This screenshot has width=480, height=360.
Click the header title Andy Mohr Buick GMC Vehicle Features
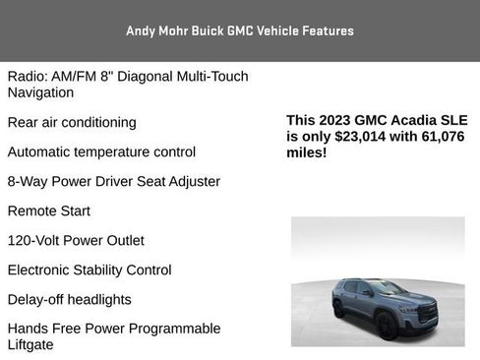coord(239,30)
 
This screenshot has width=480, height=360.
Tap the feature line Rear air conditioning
coord(72,123)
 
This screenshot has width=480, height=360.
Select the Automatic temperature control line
coord(101,152)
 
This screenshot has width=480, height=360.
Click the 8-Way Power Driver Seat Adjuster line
coord(113,182)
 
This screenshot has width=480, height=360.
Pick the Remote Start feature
coord(48,211)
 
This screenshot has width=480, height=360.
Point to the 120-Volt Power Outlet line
coord(76,241)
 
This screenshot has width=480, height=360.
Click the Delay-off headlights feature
coord(69,300)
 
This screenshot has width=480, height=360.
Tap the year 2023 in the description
coord(337,120)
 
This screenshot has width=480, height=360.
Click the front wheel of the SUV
coord(387,324)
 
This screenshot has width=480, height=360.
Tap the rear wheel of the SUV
coord(339,309)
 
